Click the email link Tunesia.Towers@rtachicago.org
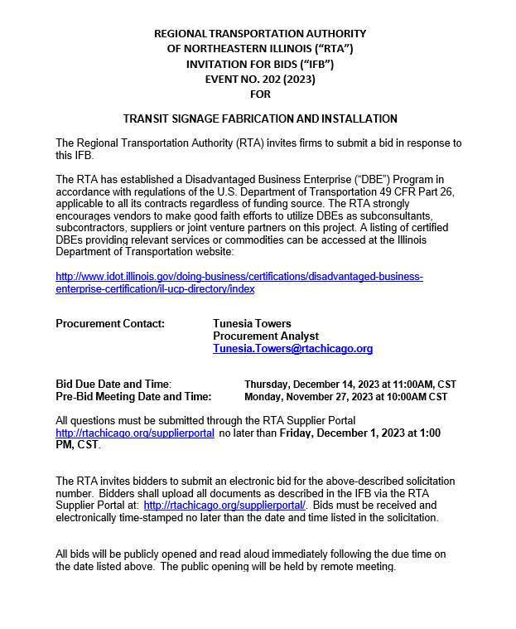pyautogui.click(x=292, y=349)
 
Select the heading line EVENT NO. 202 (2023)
pyautogui.click(x=259, y=80)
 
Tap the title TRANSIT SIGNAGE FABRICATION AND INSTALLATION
pyautogui.click(x=260, y=119)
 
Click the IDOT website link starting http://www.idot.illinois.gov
pyautogui.click(x=239, y=276)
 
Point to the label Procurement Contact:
pyautogui.click(x=110, y=323)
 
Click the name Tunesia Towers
pyautogui.click(x=252, y=323)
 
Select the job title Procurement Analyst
pyautogui.click(x=266, y=336)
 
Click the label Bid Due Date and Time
pyautogui.click(x=113, y=384)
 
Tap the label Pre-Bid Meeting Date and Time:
pyautogui.click(x=133, y=396)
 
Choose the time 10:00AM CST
pyautogui.click(x=417, y=397)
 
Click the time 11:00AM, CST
pyautogui.click(x=426, y=385)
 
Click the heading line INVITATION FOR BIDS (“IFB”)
pyautogui.click(x=260, y=64)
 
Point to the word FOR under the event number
pyautogui.click(x=260, y=94)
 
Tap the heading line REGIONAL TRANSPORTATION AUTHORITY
pyautogui.click(x=260, y=33)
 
